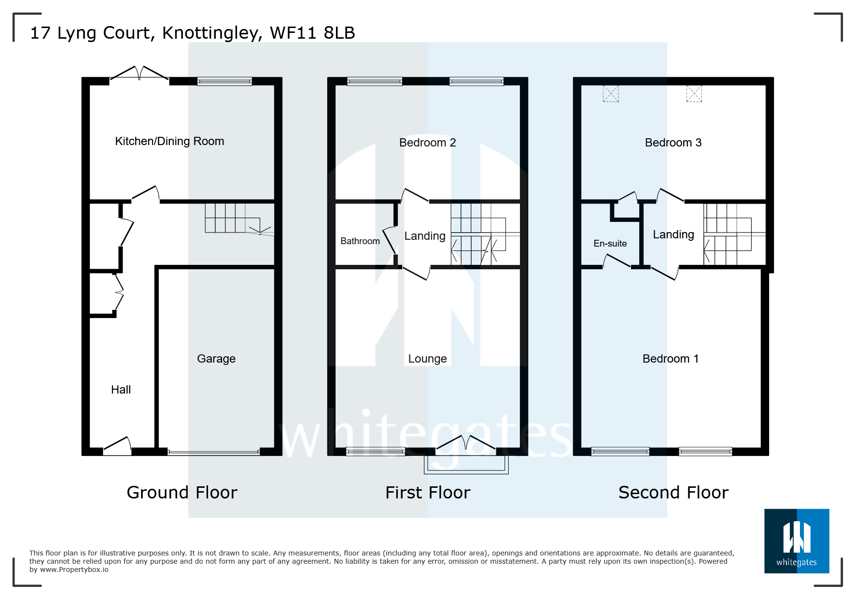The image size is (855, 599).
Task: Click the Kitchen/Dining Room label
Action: tap(169, 141)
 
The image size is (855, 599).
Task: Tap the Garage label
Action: tap(216, 359)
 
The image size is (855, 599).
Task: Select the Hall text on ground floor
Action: tap(121, 390)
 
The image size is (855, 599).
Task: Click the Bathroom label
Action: tap(360, 241)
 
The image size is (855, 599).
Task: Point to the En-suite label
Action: tap(610, 244)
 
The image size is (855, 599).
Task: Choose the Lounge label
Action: tap(427, 359)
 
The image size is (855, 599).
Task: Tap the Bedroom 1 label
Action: tap(670, 359)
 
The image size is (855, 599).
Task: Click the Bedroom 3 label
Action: tap(673, 143)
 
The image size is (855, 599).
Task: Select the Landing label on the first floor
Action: tap(425, 236)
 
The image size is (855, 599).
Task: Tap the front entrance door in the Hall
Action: tap(117, 446)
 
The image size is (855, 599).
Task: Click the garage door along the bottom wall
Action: tap(213, 452)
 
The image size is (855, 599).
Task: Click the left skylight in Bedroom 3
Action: tap(610, 93)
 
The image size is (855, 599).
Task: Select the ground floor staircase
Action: tap(232, 219)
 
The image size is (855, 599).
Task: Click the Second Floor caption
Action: tap(673, 493)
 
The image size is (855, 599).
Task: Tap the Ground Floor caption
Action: tap(182, 493)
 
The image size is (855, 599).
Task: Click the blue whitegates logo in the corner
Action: tap(796, 541)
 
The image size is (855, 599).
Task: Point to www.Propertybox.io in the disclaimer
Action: tap(74, 570)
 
